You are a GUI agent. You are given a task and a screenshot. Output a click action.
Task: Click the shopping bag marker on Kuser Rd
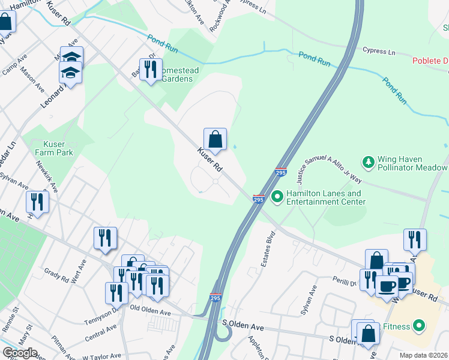coord(215,140)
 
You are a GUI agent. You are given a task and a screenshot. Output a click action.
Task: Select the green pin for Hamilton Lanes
coord(277,196)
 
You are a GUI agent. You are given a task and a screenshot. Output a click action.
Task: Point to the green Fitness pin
coord(419,326)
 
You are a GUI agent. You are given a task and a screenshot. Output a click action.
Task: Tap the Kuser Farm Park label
coord(58,149)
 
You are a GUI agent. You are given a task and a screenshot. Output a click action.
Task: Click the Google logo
coord(19,353)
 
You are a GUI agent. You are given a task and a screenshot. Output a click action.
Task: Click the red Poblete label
coord(430,61)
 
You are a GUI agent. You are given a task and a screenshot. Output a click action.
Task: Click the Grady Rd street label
coord(56,275)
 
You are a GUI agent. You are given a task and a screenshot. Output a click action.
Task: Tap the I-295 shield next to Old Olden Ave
coord(215,298)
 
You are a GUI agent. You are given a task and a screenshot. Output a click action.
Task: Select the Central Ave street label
coord(101,331)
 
